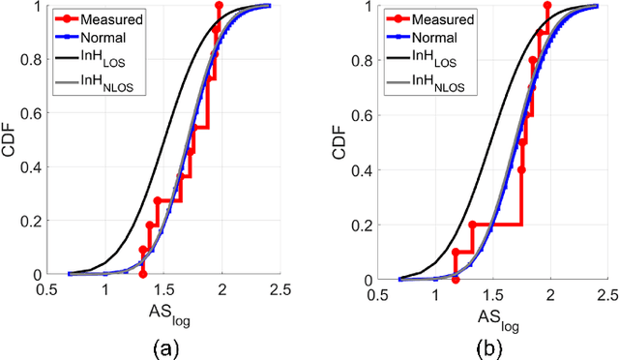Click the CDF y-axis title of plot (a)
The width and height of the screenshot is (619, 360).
[x=13, y=140]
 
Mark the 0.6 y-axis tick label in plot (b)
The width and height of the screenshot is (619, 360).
[x=367, y=115]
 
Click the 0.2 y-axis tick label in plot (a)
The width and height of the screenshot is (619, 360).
[x=37, y=221]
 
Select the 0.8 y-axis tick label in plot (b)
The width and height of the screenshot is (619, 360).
[x=367, y=60]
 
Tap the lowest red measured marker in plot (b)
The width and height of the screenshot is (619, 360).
[x=455, y=279]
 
